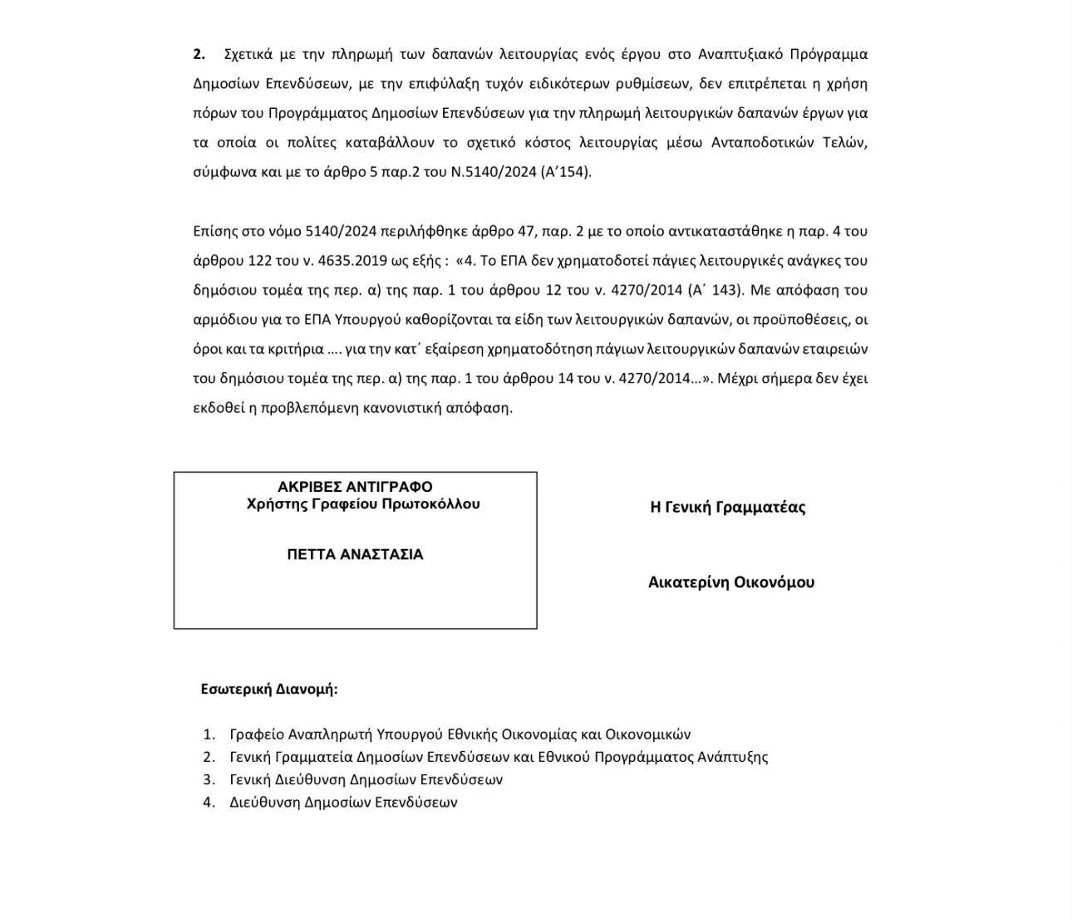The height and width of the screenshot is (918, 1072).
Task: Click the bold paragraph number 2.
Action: (199, 55)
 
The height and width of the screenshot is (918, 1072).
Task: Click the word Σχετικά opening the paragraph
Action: (248, 55)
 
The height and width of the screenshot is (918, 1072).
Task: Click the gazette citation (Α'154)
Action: (566, 173)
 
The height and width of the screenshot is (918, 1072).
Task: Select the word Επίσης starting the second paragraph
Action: (215, 232)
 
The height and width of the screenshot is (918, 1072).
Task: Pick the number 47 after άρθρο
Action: (526, 232)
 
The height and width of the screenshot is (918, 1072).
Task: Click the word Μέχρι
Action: (738, 379)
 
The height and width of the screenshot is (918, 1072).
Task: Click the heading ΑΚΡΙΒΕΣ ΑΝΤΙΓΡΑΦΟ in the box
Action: (355, 487)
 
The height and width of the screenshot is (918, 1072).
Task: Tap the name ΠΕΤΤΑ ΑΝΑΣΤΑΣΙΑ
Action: (355, 554)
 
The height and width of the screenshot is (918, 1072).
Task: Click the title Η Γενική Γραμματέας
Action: (727, 508)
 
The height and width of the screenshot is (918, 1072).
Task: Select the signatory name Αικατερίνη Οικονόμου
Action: (731, 582)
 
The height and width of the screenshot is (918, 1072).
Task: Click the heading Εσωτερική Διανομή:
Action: (269, 690)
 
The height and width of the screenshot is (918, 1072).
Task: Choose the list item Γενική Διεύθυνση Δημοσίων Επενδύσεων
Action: (366, 780)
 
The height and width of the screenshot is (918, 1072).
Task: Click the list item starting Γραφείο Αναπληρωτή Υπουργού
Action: (460, 734)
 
